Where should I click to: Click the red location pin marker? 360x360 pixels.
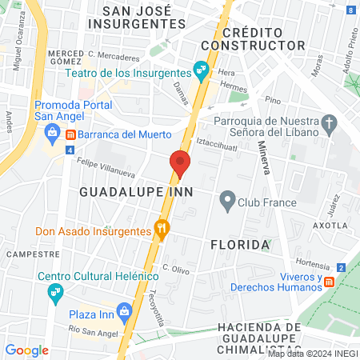coord(179,163)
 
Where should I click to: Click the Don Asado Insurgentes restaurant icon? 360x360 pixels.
coord(162,231)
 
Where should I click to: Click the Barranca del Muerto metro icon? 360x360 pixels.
coord(71,134)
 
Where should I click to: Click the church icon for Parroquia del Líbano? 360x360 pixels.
coord(330,123)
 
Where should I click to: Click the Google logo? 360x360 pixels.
coord(27,350)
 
